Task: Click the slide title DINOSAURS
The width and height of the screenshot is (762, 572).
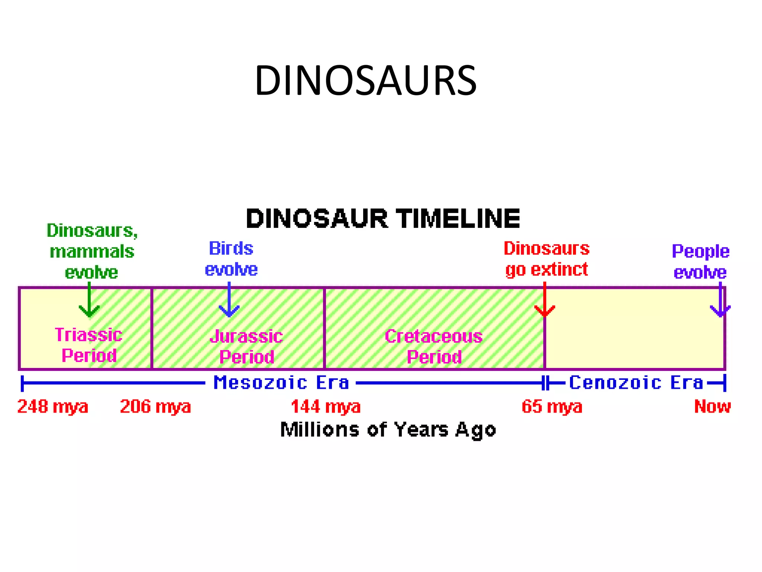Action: tap(365, 80)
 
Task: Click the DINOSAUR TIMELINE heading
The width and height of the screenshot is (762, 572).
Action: tap(383, 218)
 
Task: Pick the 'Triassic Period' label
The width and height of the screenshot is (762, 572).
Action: tap(89, 345)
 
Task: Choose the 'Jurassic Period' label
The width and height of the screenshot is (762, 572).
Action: tap(246, 346)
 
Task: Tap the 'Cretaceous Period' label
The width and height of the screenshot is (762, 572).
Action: tap(434, 346)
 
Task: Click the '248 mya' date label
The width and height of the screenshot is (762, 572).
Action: tap(53, 406)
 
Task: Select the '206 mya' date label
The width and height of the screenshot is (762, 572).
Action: tap(155, 406)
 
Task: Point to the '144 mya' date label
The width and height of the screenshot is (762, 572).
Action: tap(326, 406)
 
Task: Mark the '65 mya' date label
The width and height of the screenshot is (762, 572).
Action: tap(552, 406)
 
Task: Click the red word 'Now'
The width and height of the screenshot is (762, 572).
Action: tap(712, 406)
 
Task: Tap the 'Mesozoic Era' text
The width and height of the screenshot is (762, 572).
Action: tap(281, 382)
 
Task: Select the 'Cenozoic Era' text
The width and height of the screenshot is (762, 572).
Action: tap(636, 382)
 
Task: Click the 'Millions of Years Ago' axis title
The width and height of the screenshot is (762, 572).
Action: tap(388, 430)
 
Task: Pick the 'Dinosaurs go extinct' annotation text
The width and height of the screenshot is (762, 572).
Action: tap(547, 259)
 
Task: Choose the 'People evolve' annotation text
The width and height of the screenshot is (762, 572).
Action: tap(700, 261)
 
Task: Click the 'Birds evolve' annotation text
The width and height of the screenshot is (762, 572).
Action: tap(231, 259)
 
